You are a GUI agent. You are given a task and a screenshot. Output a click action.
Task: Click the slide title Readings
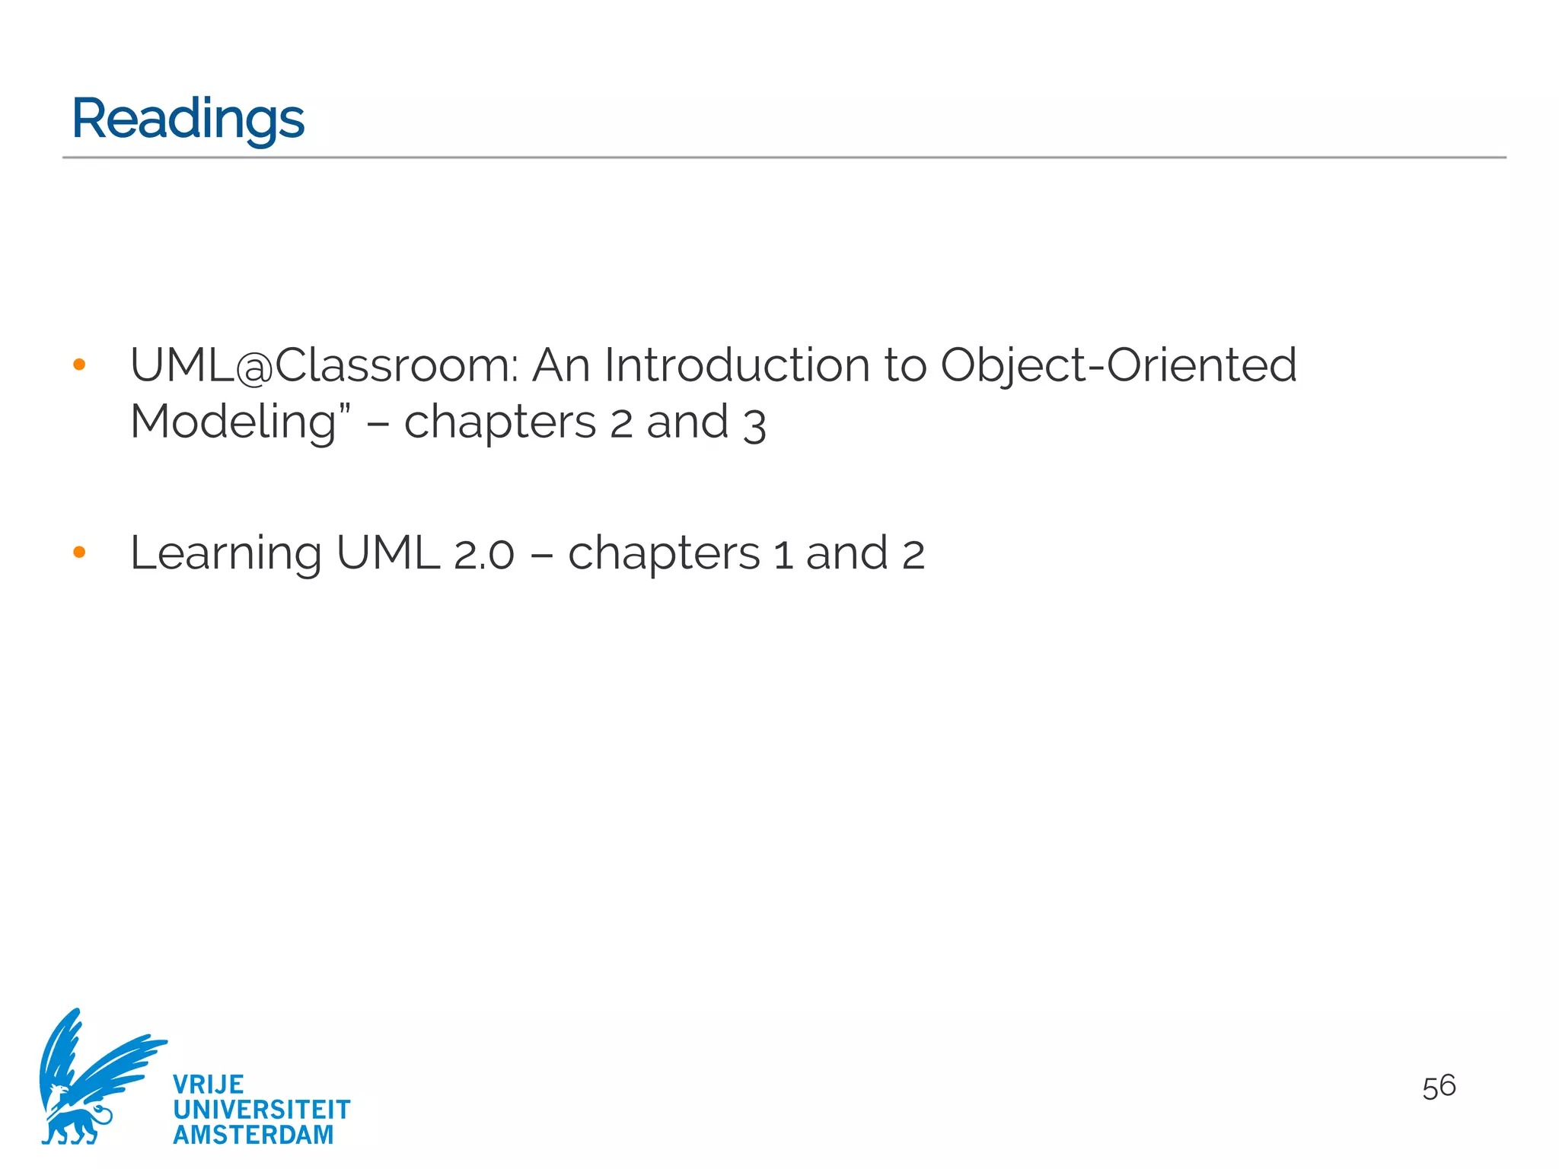click(x=187, y=119)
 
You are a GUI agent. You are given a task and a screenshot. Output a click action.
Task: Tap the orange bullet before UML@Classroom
click(x=79, y=365)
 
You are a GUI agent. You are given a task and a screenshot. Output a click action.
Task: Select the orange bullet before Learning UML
click(x=79, y=553)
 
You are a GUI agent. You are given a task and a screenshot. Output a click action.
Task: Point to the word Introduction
click(x=736, y=365)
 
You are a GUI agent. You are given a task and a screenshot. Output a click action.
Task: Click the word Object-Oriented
click(x=1118, y=365)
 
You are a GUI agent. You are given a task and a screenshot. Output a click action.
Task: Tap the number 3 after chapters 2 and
click(x=754, y=425)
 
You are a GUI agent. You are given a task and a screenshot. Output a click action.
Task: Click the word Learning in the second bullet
click(x=225, y=554)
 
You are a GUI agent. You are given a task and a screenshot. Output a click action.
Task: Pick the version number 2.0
click(x=484, y=554)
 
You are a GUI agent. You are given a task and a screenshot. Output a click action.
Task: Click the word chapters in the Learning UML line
click(x=663, y=554)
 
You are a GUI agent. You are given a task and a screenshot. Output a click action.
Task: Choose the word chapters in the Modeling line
click(x=499, y=423)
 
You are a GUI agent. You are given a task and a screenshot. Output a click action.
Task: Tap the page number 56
click(x=1438, y=1087)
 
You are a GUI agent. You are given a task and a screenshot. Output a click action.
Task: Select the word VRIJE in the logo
click(x=208, y=1085)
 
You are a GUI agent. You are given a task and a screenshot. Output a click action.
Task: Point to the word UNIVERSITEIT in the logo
click(x=261, y=1110)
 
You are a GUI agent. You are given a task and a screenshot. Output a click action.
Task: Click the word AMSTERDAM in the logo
click(x=253, y=1135)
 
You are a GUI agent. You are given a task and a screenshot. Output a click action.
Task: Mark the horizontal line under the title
click(x=784, y=158)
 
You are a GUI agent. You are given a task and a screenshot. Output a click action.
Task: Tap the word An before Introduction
click(x=560, y=365)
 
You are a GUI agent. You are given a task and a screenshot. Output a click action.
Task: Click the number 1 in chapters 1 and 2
click(x=783, y=554)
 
